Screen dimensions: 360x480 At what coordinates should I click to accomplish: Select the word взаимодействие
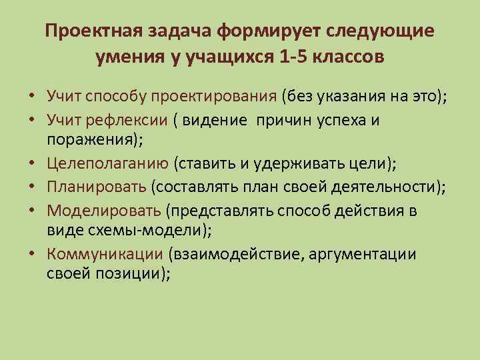tap(231, 254)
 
